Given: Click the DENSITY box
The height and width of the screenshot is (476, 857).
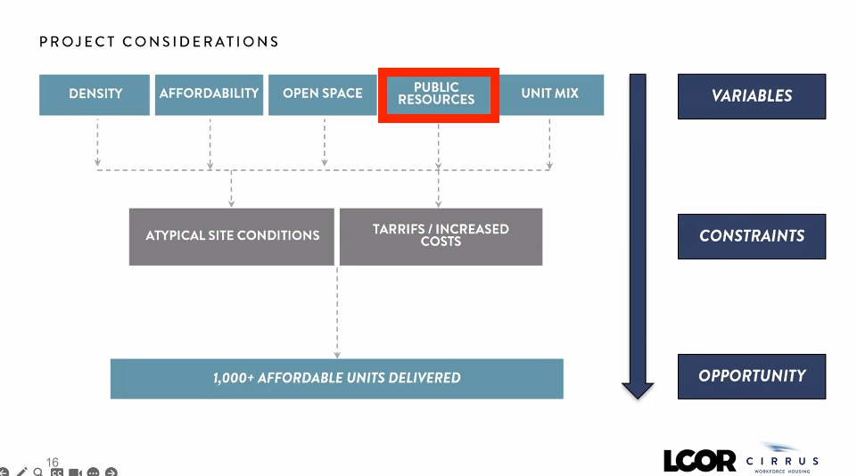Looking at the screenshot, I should tap(95, 94).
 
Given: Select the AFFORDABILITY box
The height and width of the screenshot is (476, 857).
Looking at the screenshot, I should tap(209, 94).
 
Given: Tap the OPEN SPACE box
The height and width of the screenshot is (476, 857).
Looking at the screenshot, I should tap(323, 94).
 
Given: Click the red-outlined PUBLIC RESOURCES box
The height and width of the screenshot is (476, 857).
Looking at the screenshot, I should tap(437, 94).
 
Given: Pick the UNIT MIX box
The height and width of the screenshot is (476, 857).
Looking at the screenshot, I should tap(549, 94).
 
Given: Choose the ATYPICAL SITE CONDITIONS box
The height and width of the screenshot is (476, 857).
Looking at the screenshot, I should tap(232, 236).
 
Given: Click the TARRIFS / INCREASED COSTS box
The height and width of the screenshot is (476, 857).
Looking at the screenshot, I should tap(441, 236).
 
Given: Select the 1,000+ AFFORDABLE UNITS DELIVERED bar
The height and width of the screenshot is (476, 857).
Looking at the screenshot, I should tap(336, 378).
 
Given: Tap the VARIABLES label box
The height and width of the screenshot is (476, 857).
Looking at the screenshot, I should tap(751, 96).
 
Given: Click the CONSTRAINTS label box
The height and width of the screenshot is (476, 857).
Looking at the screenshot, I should tap(751, 236).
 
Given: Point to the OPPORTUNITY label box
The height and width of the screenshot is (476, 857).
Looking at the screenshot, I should tap(751, 376).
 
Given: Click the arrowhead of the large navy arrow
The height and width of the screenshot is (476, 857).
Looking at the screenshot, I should tap(638, 390).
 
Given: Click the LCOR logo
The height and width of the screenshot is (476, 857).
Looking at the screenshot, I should tap(699, 460).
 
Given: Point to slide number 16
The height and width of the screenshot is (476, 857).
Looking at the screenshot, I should tap(53, 462).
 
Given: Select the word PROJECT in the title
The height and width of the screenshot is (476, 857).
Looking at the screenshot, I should tap(77, 42).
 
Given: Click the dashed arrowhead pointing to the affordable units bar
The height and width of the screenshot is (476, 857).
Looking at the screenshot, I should tap(337, 354).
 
